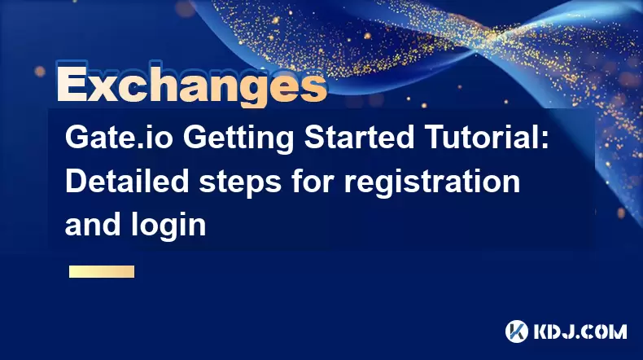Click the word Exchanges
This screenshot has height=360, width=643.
[192, 85]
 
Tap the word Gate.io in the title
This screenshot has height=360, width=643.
[119, 138]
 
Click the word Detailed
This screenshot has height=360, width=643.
[127, 181]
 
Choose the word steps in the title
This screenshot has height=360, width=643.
[240, 184]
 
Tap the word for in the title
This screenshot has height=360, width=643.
[313, 181]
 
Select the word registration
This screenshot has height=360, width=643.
[432, 183]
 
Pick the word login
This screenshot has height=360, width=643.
[168, 226]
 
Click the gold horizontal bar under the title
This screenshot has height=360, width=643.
[102, 271]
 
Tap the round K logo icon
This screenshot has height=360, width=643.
[517, 331]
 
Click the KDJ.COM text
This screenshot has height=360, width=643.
[580, 331]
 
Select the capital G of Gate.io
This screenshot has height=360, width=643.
[77, 138]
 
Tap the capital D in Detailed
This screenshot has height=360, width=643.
[77, 182]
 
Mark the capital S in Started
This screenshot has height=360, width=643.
[314, 138]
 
